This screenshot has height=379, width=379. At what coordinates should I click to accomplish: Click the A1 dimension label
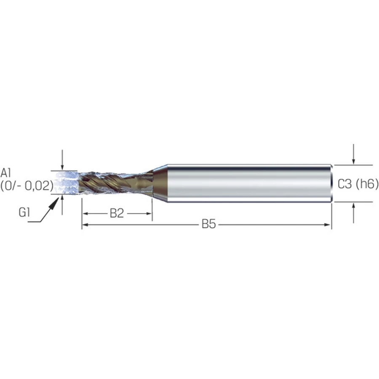pyautogui.click(x=5, y=173)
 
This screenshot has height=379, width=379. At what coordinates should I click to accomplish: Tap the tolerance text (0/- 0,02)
pyautogui.click(x=27, y=186)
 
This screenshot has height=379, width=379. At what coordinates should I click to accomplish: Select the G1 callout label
pyautogui.click(x=24, y=213)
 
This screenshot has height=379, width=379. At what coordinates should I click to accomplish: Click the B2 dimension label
pyautogui.click(x=117, y=213)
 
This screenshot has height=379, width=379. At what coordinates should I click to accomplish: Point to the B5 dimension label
pyautogui.click(x=209, y=224)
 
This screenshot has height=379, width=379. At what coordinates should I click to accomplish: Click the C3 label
pyautogui.click(x=344, y=184)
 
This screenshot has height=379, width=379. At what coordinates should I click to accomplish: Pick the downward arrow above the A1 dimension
pyautogui.click(x=62, y=160)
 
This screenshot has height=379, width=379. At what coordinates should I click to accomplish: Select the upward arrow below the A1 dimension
pyautogui.click(x=62, y=205)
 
